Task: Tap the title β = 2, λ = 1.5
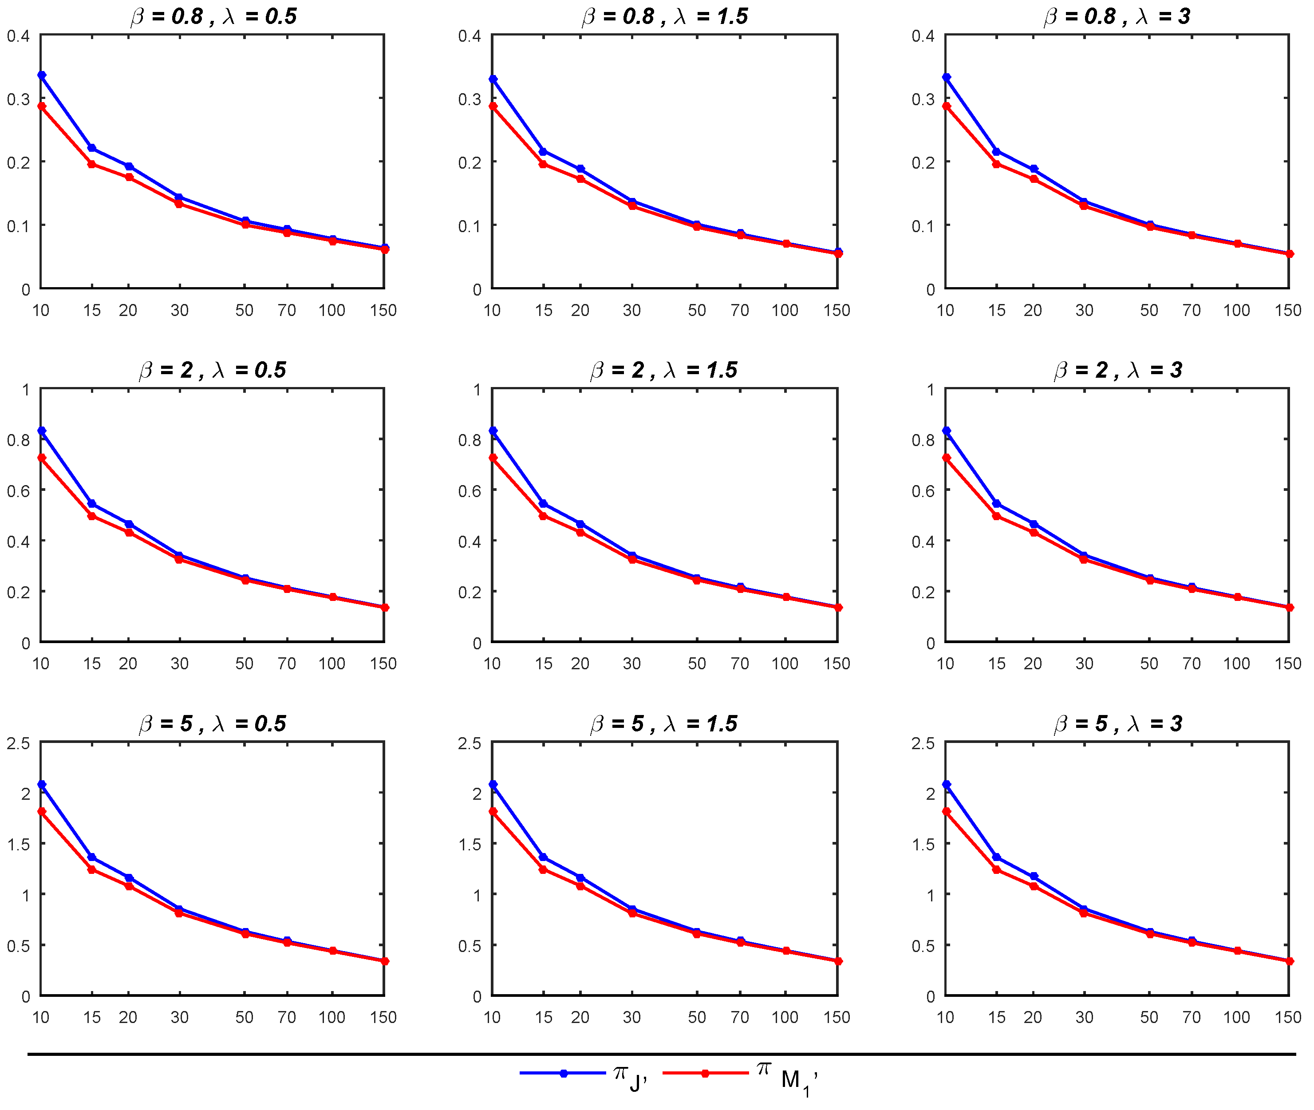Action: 663,370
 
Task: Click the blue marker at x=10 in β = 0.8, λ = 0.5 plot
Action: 42,75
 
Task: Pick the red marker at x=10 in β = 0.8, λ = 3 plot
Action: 947,107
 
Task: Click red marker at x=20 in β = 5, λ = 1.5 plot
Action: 580,886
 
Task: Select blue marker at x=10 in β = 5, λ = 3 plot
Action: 947,785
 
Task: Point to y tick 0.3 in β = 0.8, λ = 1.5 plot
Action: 469,99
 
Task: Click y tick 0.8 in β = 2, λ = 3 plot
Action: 923,440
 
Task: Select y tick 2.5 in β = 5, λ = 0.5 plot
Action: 18,743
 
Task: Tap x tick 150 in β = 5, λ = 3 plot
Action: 1287,1017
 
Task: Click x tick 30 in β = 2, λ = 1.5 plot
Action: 631,663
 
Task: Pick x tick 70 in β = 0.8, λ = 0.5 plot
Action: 287,310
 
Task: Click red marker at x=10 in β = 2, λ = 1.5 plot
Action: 493,458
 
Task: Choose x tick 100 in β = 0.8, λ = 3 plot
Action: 1236,310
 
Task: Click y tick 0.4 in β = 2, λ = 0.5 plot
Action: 18,541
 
